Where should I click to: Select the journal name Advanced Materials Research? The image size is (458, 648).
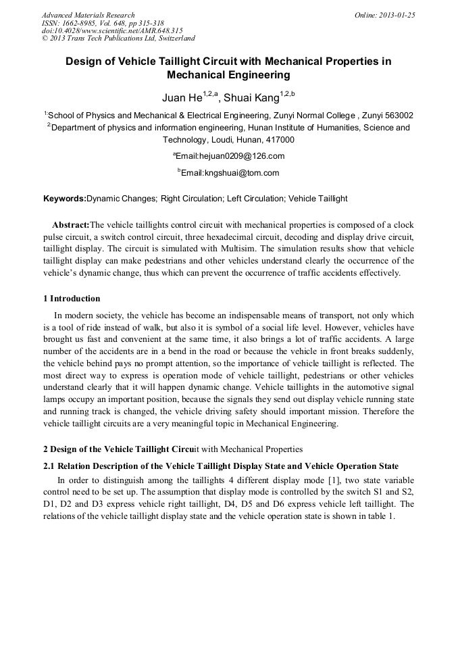point(88,15)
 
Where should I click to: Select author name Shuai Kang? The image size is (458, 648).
point(251,99)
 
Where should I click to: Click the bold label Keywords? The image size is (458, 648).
point(65,199)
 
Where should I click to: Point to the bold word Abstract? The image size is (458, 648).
point(71,224)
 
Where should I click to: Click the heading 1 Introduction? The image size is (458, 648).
point(72,299)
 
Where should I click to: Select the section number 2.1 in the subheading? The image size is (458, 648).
point(48,466)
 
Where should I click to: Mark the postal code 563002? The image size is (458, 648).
point(395,116)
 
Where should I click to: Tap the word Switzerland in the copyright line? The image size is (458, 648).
point(172,39)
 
